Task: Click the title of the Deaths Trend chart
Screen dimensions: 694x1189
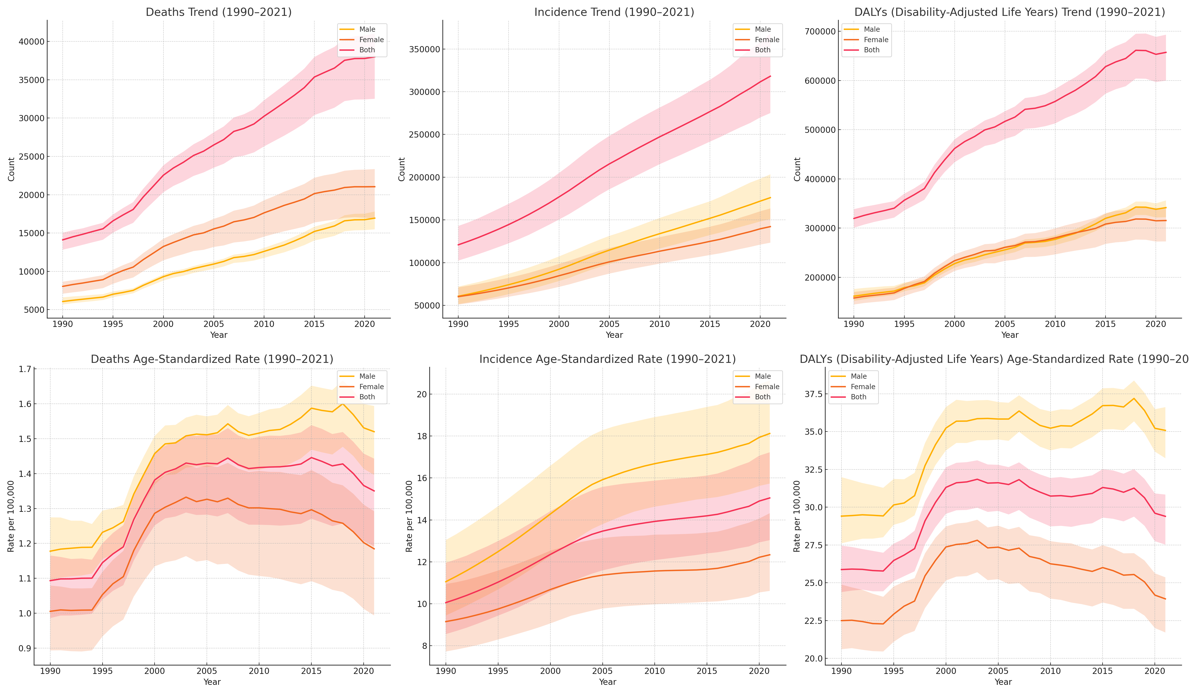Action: [x=218, y=12]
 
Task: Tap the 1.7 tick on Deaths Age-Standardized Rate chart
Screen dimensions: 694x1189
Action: [x=25, y=369]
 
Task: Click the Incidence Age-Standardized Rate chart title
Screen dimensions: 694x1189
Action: [x=607, y=359]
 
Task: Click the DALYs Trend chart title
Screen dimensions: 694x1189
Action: [x=1010, y=12]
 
